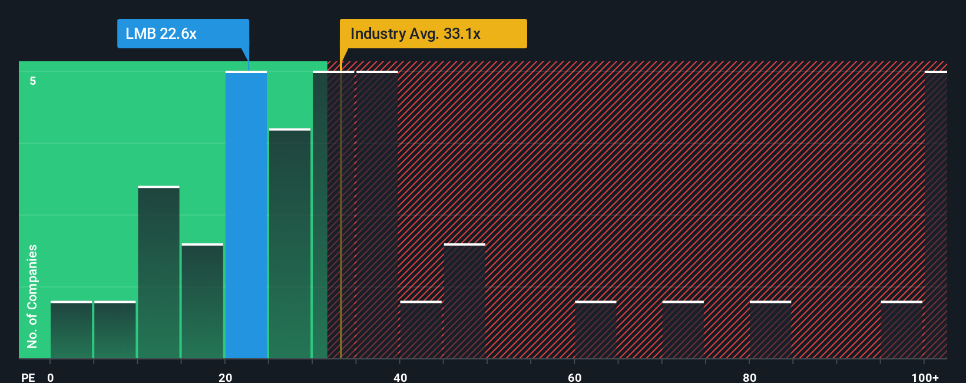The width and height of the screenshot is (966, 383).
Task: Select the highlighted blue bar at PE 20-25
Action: [x=246, y=215]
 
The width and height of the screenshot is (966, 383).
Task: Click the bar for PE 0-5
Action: [x=71, y=330]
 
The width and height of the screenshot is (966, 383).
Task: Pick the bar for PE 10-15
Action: [x=158, y=272]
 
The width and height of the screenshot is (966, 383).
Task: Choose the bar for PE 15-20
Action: [x=203, y=301]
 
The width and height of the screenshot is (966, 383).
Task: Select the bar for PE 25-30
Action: [x=290, y=243]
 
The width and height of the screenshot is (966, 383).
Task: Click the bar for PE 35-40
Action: [x=377, y=215]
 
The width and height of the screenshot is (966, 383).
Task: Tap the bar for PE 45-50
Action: [x=465, y=301]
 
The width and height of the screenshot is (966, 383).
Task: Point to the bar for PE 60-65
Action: [x=596, y=330]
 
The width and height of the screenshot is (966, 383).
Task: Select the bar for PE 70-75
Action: [x=683, y=330]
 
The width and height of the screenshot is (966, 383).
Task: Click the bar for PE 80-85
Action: [x=770, y=330]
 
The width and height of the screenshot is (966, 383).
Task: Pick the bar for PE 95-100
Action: [x=901, y=330]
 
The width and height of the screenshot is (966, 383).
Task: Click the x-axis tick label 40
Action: [x=400, y=377]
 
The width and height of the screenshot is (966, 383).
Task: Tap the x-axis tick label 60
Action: [x=575, y=377]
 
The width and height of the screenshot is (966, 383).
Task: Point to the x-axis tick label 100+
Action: [x=925, y=377]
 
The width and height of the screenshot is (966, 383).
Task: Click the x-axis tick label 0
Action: [x=51, y=377]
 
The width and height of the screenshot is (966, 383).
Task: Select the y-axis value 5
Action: [x=33, y=81]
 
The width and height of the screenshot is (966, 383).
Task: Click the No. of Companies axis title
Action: [x=32, y=296]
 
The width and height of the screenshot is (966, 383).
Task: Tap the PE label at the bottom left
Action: [x=28, y=377]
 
